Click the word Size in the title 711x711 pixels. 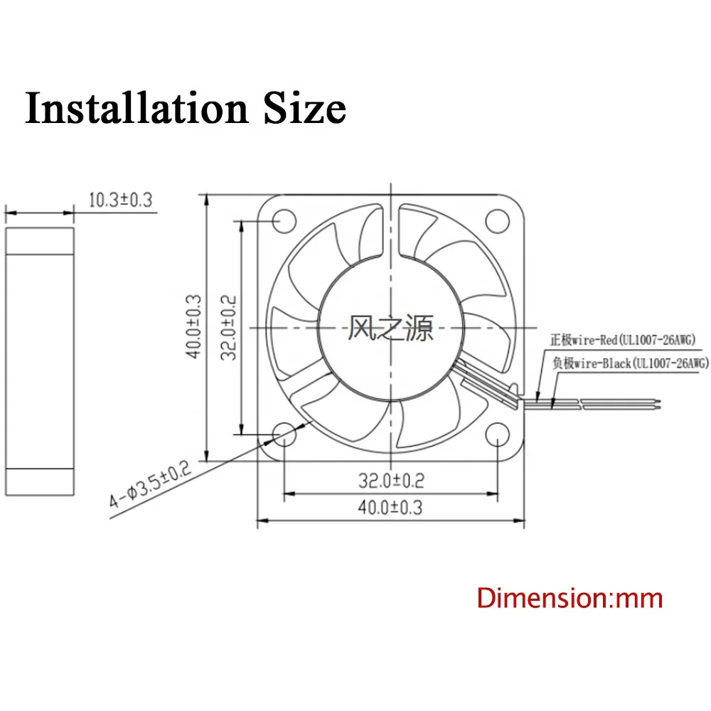click(x=305, y=109)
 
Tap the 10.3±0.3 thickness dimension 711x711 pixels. click(x=120, y=200)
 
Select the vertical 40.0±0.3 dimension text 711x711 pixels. click(x=193, y=327)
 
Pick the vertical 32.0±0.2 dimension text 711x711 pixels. click(x=229, y=327)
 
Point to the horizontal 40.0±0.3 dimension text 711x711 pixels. click(x=390, y=507)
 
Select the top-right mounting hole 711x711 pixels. click(x=496, y=220)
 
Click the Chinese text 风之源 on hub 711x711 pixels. click(x=390, y=328)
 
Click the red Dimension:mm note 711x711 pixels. click(x=570, y=597)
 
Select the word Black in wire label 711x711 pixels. click(x=616, y=363)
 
